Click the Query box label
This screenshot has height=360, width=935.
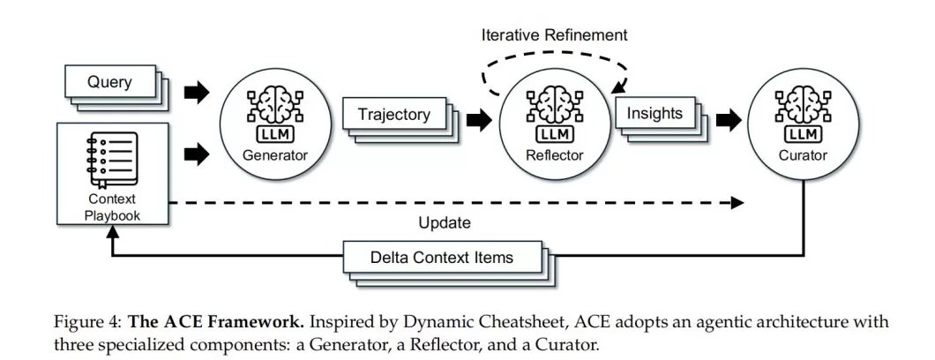109,83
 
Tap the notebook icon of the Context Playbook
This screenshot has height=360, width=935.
111,158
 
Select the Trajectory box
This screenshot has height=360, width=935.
394,115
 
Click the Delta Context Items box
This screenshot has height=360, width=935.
442,259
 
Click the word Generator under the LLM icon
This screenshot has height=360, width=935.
275,156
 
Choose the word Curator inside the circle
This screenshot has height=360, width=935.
803,156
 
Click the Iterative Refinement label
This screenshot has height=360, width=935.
554,35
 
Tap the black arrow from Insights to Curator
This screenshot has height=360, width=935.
729,122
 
